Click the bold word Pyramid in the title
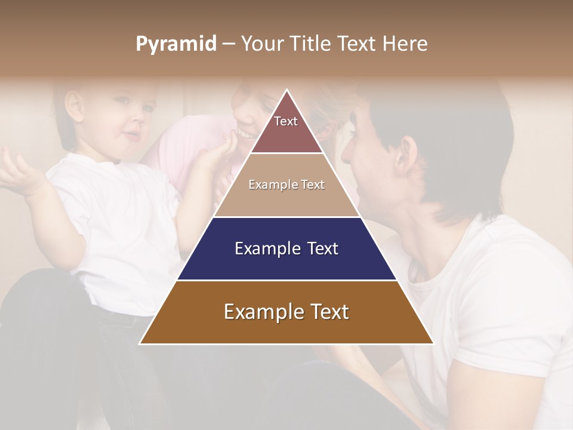(x=176, y=44)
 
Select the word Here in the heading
(x=405, y=44)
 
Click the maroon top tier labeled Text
(x=286, y=128)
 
